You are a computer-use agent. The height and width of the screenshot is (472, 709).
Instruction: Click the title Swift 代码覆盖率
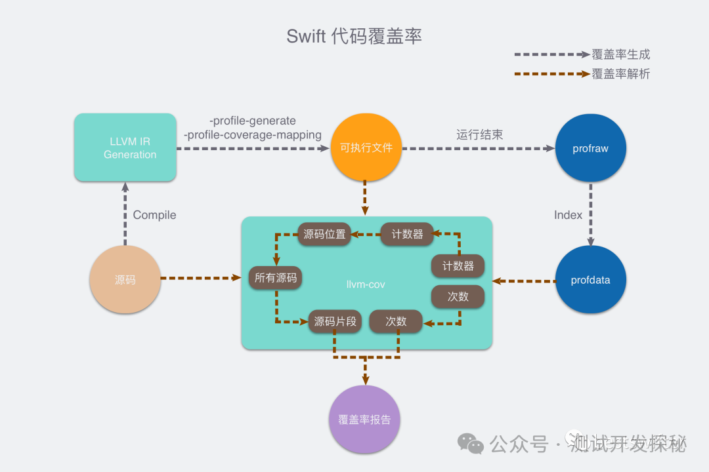354,36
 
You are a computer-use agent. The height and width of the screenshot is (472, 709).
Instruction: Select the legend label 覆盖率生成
620,54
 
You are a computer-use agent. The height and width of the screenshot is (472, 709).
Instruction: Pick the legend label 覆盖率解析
620,74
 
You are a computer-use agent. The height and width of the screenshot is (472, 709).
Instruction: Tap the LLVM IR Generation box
125,147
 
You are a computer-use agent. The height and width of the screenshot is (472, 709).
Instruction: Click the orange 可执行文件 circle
366,148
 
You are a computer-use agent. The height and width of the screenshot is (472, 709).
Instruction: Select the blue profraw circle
590,149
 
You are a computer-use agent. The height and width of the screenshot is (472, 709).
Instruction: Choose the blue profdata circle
590,281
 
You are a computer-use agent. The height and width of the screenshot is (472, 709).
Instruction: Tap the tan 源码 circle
125,280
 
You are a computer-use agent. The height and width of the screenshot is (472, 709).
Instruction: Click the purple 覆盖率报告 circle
364,420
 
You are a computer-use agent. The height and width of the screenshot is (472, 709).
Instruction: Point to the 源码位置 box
324,234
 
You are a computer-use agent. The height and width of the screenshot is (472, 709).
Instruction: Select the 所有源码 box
276,278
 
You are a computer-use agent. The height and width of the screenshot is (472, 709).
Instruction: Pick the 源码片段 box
335,321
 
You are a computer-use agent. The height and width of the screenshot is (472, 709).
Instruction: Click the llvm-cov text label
366,284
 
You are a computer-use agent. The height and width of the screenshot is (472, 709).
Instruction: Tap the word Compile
154,215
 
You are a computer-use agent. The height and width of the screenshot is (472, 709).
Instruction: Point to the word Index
568,215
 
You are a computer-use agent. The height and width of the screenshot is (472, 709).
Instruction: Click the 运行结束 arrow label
479,135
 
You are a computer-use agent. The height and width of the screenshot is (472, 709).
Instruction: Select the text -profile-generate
253,121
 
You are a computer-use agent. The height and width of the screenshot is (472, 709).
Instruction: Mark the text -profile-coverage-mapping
253,135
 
